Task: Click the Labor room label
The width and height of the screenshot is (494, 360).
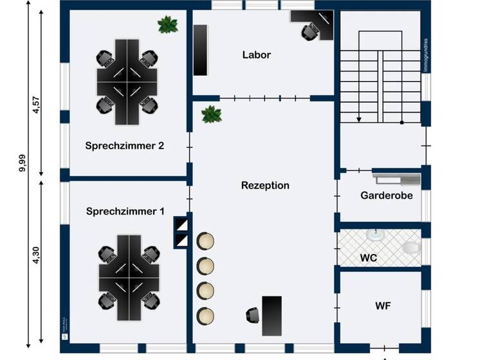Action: (x=256, y=55)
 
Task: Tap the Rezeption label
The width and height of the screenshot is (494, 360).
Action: (x=265, y=185)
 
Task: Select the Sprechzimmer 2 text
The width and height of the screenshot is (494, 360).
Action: (x=125, y=145)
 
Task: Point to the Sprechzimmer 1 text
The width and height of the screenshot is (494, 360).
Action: (x=125, y=211)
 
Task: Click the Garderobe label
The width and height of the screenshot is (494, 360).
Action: (x=386, y=195)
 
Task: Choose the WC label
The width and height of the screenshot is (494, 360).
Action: (x=368, y=258)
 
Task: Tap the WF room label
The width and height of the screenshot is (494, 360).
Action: (x=383, y=305)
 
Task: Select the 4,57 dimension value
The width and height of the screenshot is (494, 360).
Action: (x=36, y=105)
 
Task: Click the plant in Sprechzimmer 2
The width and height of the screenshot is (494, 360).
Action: (x=169, y=25)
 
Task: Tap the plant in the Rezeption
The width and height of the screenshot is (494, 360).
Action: (x=211, y=114)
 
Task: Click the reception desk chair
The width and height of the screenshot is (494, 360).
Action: (x=253, y=315)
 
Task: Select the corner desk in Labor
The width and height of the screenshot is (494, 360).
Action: (x=313, y=23)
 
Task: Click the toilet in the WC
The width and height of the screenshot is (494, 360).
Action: (x=410, y=248)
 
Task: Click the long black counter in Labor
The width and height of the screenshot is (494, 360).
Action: (x=201, y=50)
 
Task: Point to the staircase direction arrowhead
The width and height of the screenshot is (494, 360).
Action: (x=358, y=120)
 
